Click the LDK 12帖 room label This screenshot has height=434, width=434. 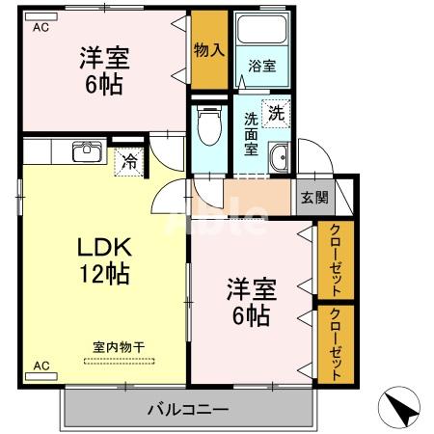pos(104,259)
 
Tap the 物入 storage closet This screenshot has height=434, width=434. pos(208,49)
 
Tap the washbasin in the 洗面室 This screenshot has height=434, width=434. pos(280,160)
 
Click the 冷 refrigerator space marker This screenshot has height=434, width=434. pos(128,162)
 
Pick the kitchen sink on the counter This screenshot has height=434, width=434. pos(86,152)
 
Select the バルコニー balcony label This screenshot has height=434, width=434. pos(188,410)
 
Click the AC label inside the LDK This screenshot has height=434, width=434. pos(41,366)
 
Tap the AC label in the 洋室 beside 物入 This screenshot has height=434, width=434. pos(40,27)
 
